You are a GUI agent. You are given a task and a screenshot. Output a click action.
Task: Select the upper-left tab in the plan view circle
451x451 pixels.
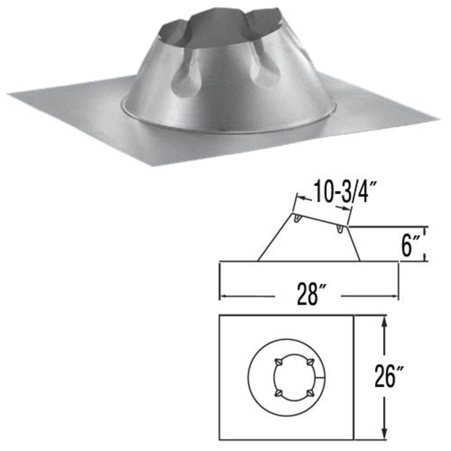coord(278,362)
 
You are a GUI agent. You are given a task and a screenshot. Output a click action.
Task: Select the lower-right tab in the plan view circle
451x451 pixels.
coord(310,392)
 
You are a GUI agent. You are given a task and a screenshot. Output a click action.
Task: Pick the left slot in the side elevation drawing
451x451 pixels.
coord(297,220)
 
